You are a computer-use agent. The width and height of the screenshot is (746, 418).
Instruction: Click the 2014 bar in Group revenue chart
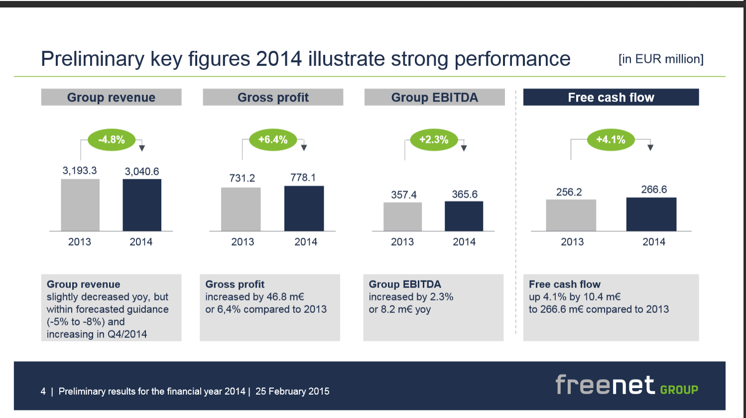coord(142,205)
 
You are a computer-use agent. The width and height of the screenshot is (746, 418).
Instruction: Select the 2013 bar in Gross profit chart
coord(241,209)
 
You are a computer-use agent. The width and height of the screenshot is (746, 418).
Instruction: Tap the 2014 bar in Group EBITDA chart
coord(464,216)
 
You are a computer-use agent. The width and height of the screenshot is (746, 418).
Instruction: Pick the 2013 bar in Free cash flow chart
coord(571,215)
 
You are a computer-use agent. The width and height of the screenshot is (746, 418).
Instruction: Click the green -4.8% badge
coord(112,139)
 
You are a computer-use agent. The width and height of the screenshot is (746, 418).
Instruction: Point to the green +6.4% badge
coord(273,139)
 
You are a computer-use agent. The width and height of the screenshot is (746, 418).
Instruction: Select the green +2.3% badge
coord(434,139)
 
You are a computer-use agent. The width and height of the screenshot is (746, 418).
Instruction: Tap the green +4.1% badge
coord(611,139)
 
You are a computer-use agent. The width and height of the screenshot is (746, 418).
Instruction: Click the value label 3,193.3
coord(80,170)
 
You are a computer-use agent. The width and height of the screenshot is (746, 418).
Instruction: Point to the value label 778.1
coord(303,177)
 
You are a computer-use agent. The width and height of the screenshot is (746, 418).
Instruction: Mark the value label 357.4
coord(403,195)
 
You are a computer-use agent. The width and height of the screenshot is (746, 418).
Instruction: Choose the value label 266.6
coord(654,189)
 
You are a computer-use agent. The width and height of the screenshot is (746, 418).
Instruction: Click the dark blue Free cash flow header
coord(611,97)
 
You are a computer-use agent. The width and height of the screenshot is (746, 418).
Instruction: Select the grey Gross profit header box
coord(273,97)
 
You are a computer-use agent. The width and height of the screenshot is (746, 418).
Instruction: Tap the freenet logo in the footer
coord(626,385)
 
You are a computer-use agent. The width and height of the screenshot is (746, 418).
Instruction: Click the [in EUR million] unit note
coord(661,59)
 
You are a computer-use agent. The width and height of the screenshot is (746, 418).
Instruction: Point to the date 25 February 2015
coord(292,391)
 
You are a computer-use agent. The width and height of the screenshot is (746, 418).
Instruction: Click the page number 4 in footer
coord(43,391)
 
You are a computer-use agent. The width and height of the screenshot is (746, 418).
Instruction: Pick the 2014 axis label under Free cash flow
coord(654,242)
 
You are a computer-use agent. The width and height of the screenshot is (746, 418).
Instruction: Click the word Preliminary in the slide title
coord(93,59)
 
